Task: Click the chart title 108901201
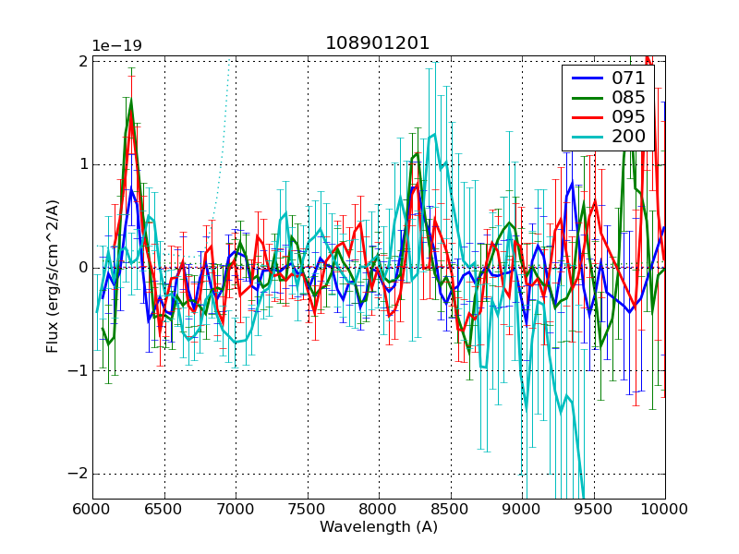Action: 378,43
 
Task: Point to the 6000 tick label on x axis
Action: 92,509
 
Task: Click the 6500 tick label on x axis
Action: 164,509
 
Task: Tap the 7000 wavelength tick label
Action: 236,509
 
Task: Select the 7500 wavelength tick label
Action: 308,509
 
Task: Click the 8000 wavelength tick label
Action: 379,509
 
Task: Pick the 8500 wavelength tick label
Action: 451,509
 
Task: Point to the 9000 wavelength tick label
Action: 522,509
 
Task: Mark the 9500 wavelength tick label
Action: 594,509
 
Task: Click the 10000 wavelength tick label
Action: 665,509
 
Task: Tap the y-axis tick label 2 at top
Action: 82,62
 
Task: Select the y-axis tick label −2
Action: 76,474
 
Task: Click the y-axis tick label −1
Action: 76,371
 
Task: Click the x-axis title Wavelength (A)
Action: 379,527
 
